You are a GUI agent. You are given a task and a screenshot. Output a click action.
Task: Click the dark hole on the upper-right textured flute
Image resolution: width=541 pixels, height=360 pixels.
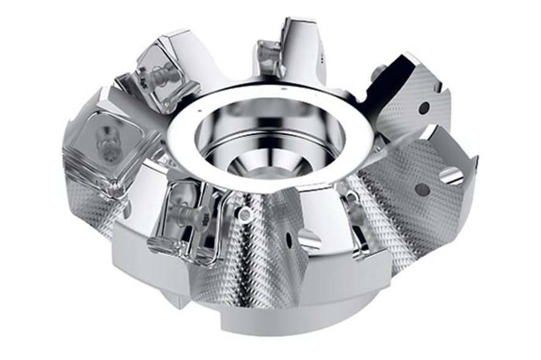pos(424,108)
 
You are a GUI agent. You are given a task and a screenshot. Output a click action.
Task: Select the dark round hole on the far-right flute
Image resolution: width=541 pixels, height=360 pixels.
pos(422,190)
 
